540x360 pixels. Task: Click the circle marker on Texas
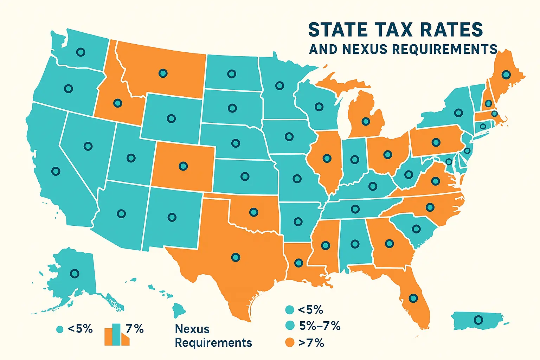point(236,257)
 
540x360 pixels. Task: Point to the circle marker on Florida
point(413,298)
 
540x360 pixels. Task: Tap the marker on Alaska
point(75,273)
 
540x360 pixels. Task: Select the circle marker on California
point(56,171)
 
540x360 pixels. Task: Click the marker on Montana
point(163,73)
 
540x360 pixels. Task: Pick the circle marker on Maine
point(506,75)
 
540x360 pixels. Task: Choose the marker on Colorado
point(183,166)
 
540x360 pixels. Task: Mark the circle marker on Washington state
point(81,52)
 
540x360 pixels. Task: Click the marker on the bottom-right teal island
point(478,320)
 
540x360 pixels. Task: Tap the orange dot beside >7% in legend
point(289,342)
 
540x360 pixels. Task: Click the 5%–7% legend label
point(320,326)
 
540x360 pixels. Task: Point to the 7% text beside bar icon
point(135,329)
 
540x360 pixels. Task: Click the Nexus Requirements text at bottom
point(213,336)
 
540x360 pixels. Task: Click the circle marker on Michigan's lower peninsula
point(366,122)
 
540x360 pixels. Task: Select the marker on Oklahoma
point(253,212)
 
